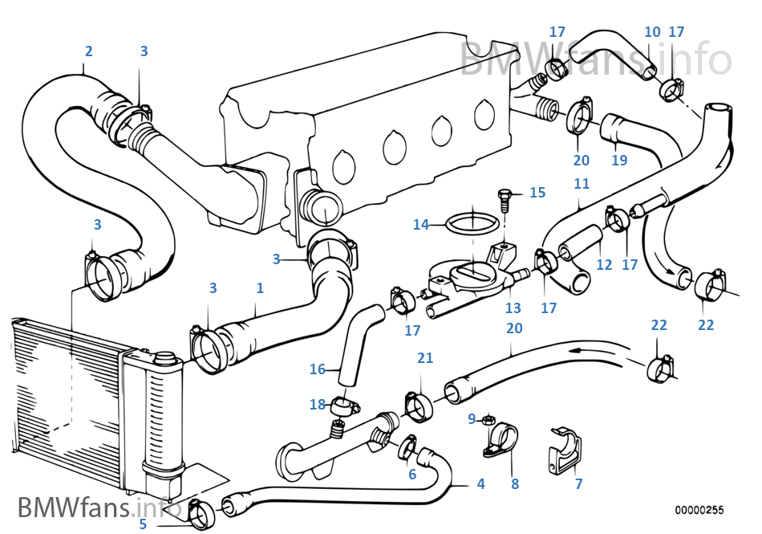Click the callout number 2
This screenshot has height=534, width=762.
(88, 51)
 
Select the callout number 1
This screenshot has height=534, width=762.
(259, 287)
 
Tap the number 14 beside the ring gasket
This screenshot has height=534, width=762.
(421, 225)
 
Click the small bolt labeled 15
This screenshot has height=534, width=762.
(505, 198)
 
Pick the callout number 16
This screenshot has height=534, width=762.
(318, 369)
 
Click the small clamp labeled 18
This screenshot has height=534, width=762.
(344, 402)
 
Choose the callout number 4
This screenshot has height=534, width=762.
(480, 484)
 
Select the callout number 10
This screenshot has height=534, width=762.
(652, 32)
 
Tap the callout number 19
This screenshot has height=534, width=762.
(618, 160)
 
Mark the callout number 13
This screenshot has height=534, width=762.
(513, 308)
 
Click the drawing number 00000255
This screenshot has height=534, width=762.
(699, 510)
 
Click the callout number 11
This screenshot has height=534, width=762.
(582, 184)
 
